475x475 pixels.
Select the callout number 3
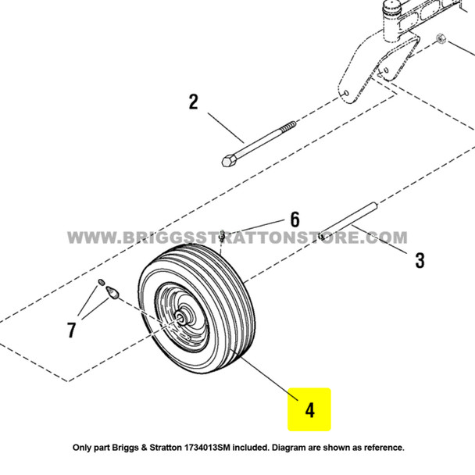420,260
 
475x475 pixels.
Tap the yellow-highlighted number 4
309,409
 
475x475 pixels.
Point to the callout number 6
295,220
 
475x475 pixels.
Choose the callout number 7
72,330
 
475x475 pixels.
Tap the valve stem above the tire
223,234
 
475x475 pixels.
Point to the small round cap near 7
101,282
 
